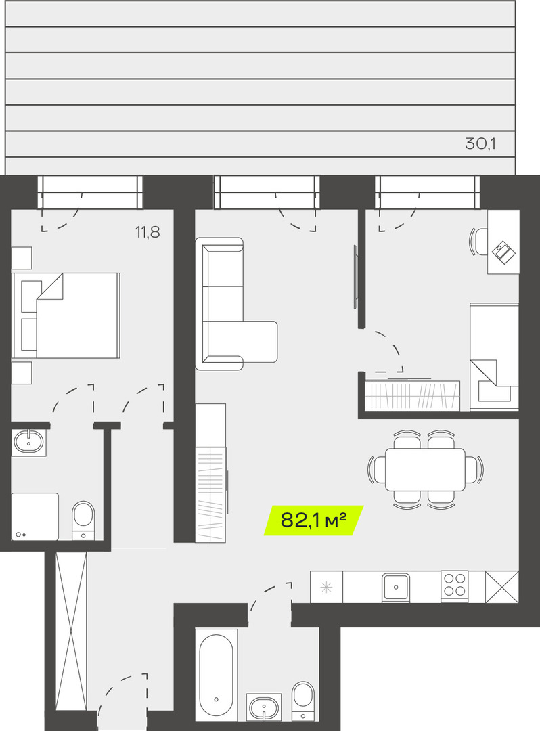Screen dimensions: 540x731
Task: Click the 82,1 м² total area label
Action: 313,520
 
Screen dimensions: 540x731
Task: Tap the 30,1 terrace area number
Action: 480,143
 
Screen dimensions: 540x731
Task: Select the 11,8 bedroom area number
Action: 148,231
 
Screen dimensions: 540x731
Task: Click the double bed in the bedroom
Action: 66,315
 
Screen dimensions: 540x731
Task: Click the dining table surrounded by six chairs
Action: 426,469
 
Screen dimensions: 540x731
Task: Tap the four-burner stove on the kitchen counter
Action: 455,585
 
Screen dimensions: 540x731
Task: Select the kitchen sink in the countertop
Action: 396,586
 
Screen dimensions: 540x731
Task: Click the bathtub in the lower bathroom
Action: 216,675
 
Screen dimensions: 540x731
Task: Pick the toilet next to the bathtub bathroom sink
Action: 303,701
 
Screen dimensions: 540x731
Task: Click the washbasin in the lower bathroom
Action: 264,708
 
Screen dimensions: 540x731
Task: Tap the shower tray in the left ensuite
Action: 35,516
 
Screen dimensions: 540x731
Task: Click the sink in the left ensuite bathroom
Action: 28,441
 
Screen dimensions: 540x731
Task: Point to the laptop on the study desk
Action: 503,252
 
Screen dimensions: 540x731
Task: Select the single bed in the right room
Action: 495,357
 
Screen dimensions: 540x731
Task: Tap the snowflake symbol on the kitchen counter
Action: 327,587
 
